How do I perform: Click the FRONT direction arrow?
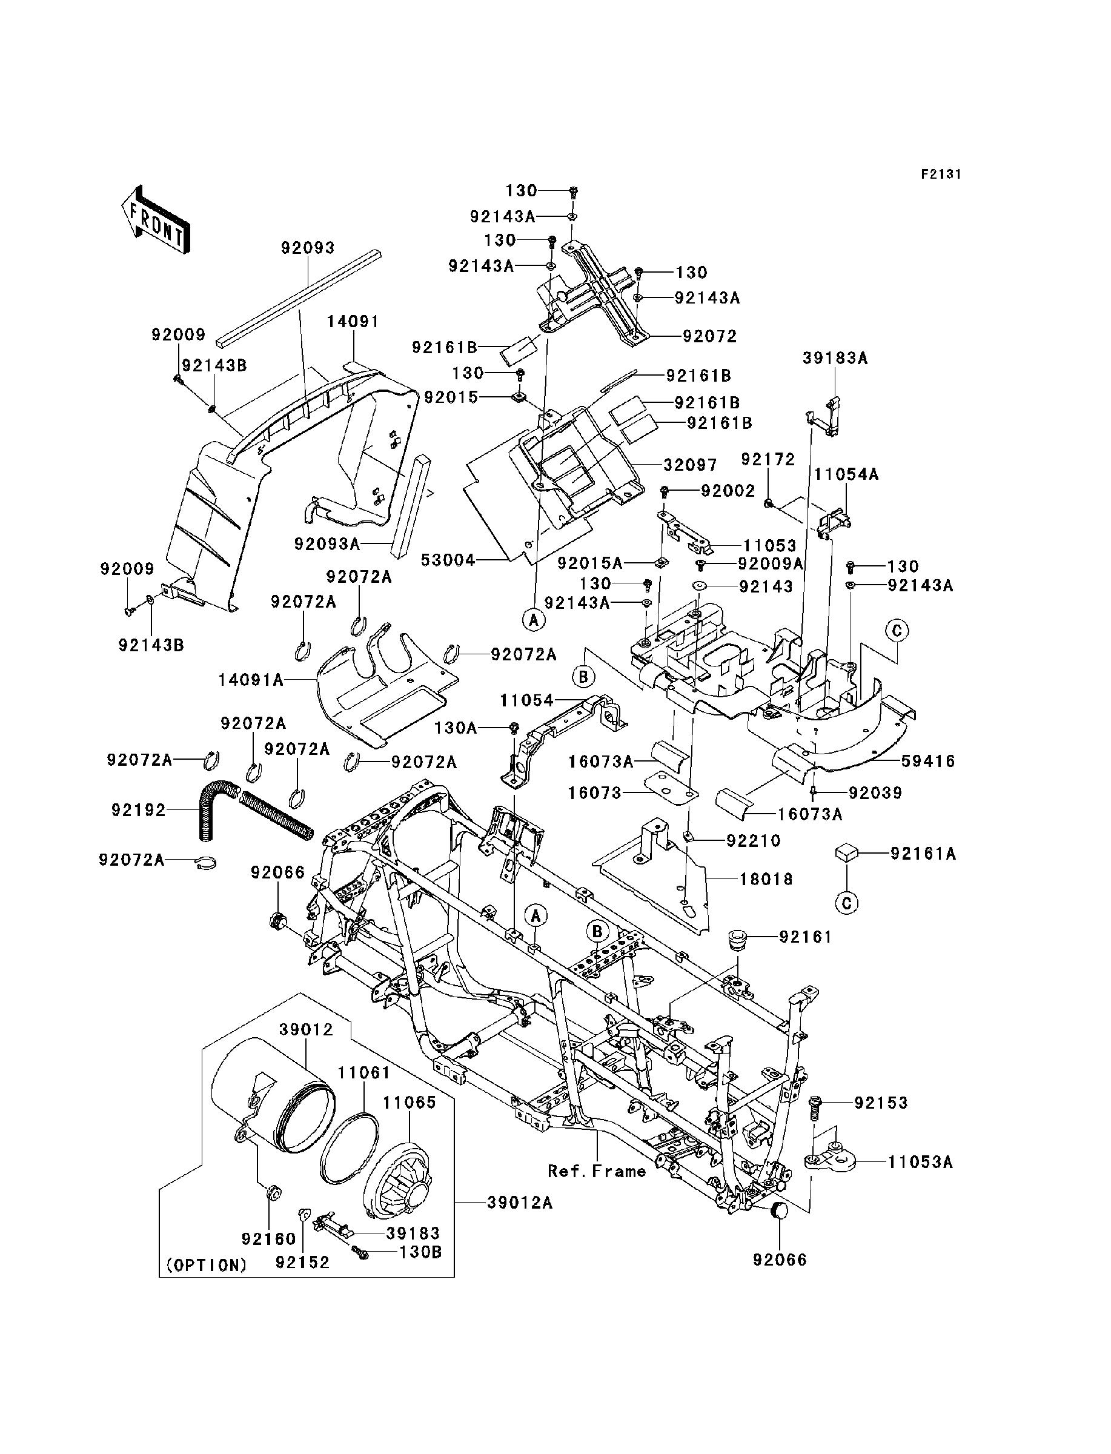click(156, 219)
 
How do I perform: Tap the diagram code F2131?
click(941, 174)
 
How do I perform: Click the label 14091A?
click(251, 680)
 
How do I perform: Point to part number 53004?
click(448, 561)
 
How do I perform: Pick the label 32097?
click(691, 465)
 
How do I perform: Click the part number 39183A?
click(835, 359)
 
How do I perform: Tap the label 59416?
click(929, 762)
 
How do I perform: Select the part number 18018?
click(766, 880)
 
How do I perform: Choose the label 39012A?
click(520, 1203)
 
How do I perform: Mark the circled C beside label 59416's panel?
click(897, 631)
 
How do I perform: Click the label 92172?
click(767, 460)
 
